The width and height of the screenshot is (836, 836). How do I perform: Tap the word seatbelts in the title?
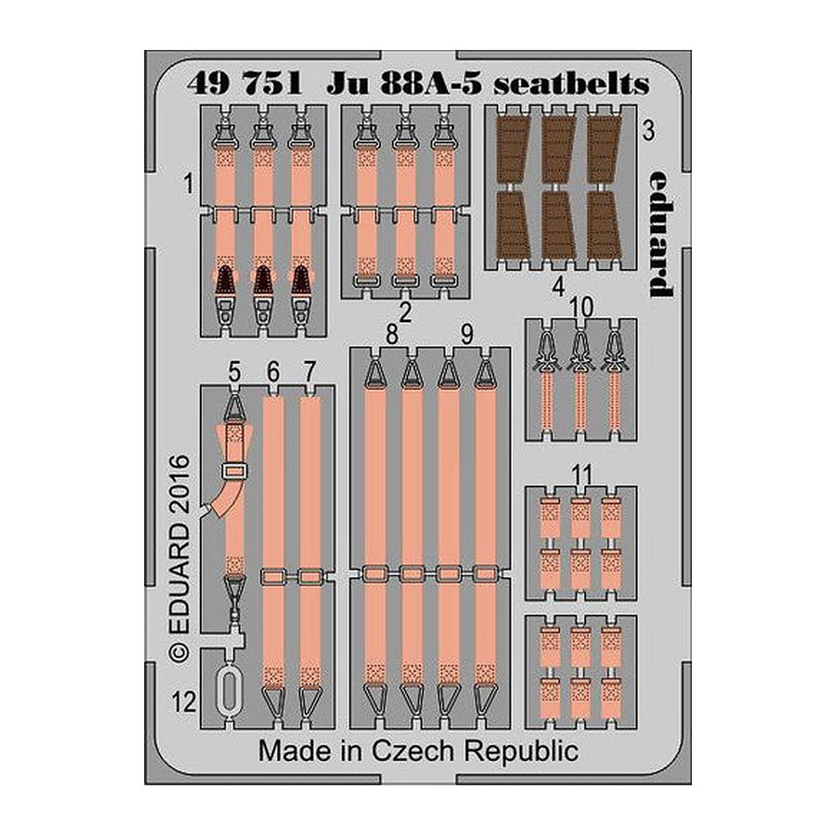pos(571,84)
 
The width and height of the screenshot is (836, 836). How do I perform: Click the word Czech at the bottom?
pos(414,751)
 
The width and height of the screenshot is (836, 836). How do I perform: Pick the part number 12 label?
pos(184,703)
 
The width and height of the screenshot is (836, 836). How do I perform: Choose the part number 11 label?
pos(584,474)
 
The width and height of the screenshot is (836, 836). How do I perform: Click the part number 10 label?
pos(581,307)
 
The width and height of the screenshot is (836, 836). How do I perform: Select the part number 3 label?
pos(649,131)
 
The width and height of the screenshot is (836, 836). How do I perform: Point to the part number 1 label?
pos(187,185)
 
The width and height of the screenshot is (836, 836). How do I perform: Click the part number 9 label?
pos(466,335)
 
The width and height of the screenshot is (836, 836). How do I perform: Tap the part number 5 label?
pos(235,371)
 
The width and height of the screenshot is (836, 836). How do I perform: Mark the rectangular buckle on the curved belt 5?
pos(235,471)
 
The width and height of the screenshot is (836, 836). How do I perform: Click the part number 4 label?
pos(558,288)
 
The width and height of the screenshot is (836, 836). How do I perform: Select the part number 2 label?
pos(405,312)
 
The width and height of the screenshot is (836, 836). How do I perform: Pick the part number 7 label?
pos(310,371)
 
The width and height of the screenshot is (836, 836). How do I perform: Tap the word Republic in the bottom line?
pos(521,751)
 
